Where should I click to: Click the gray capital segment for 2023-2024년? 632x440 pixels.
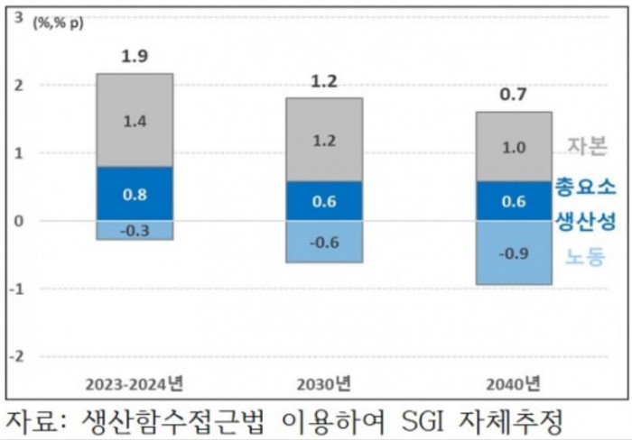135,120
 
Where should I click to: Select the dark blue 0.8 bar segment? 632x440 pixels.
135,193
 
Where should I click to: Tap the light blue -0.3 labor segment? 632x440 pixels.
135,231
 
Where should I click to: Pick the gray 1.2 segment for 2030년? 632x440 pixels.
324,140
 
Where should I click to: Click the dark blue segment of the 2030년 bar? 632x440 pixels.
324,200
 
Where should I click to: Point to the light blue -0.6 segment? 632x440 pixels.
324,242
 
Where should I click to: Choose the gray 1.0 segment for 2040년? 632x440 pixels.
514,147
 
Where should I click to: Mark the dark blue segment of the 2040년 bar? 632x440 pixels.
514,200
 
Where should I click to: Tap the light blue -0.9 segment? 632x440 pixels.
514,252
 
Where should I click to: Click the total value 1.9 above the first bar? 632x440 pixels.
135,58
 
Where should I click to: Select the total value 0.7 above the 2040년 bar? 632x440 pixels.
514,95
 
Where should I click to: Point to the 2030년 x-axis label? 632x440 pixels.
324,382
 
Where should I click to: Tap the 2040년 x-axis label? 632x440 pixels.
513,382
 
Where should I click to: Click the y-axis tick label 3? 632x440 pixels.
19,17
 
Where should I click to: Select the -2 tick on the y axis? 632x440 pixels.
16,356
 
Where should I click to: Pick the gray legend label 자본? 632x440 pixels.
587,146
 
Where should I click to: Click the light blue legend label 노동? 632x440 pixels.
585,256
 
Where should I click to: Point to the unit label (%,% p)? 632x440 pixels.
59,23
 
